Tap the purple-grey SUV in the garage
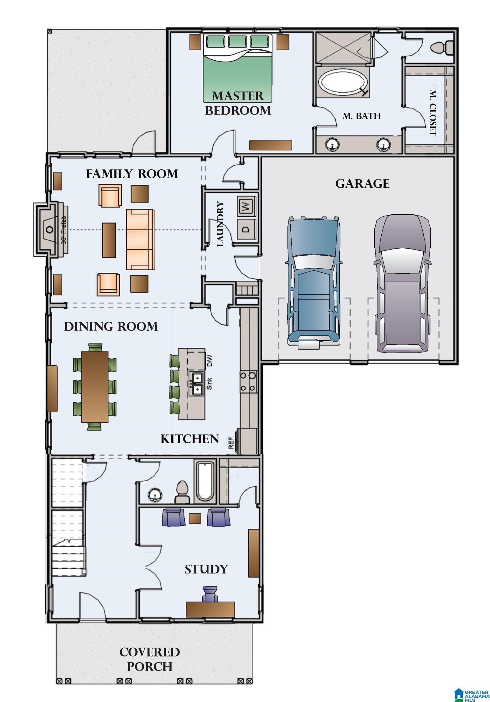[402, 283]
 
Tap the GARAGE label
[362, 184]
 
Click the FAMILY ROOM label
[132, 174]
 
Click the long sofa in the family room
[140, 239]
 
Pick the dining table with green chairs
[95, 386]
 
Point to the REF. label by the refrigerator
[231, 442]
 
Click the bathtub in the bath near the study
[205, 481]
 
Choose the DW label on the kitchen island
[210, 361]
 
